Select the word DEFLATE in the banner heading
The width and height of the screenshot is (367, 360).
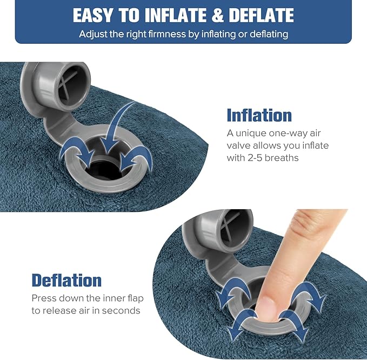point(259,15)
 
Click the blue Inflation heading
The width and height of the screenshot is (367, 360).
point(259,115)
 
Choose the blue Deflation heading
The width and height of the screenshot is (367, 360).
point(66,280)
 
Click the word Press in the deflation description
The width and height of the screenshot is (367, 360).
point(44,298)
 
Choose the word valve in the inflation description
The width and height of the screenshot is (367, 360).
point(239,145)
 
